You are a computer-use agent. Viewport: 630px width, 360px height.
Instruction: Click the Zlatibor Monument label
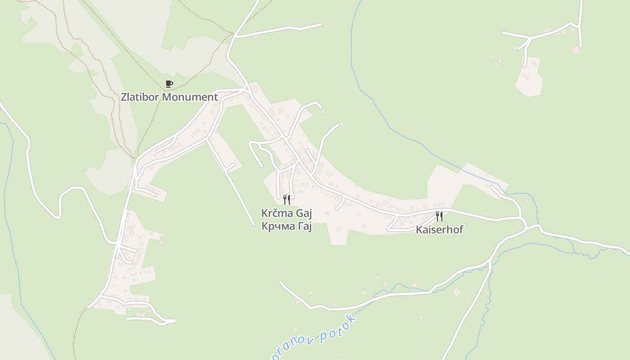click(x=169, y=97)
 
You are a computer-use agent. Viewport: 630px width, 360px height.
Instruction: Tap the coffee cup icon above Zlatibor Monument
click(x=169, y=84)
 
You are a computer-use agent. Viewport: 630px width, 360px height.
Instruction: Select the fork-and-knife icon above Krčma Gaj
click(x=287, y=199)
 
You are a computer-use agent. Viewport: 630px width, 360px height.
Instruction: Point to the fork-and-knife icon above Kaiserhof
click(x=439, y=216)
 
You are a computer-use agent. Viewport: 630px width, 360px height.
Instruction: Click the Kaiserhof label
click(x=439, y=230)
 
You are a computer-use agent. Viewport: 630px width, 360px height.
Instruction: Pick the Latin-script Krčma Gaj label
click(x=287, y=213)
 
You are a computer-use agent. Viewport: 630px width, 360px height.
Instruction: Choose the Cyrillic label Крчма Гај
click(x=287, y=226)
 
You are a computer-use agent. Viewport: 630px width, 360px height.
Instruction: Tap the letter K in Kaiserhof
click(x=418, y=230)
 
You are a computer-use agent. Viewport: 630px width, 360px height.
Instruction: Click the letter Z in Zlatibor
click(x=124, y=97)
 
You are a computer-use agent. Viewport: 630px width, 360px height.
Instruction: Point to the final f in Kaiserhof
click(x=461, y=230)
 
